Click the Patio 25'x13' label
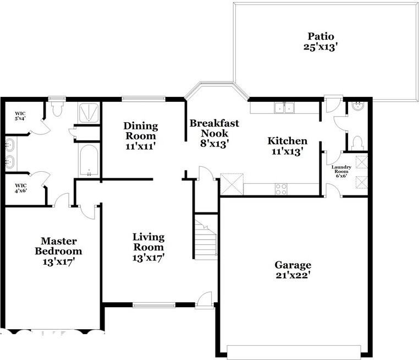[x=321, y=41]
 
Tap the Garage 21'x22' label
[x=293, y=270]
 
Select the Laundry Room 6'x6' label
[x=341, y=171]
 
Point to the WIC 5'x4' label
[x=20, y=116]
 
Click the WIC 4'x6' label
[x=20, y=188]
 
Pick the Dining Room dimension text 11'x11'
[x=141, y=146]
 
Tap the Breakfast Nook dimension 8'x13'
[x=214, y=144]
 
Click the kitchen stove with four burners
[x=281, y=189]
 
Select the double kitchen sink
[x=284, y=108]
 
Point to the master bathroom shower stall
[x=89, y=113]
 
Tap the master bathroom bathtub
[x=89, y=161]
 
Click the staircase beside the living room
[x=206, y=238]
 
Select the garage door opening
[x=294, y=352]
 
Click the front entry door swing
[x=206, y=299]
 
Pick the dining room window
[x=144, y=99]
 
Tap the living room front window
[x=154, y=304]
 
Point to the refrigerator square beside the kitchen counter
[x=231, y=184]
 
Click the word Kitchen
[x=287, y=141]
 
